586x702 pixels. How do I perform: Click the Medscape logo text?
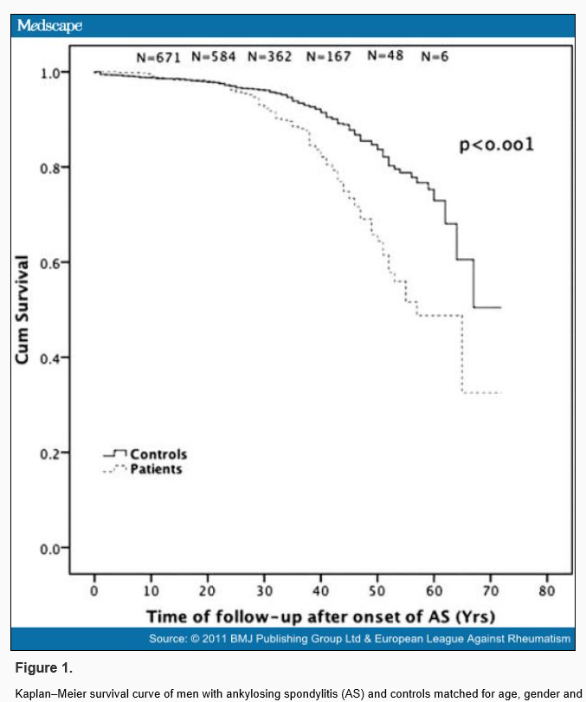pyautogui.click(x=50, y=25)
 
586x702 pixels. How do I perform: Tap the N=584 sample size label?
pyautogui.click(x=214, y=56)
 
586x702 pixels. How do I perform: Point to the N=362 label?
pyautogui.click(x=270, y=56)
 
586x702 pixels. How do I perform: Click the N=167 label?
pyautogui.click(x=327, y=56)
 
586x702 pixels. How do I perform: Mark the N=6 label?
pyautogui.click(x=434, y=56)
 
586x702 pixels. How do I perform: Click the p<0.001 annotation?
pyautogui.click(x=496, y=145)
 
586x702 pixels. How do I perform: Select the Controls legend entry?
pyautogui.click(x=158, y=454)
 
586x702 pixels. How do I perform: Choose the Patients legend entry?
pyautogui.click(x=156, y=469)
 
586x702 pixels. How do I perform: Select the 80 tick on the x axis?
pyautogui.click(x=546, y=591)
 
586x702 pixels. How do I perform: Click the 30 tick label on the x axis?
pyautogui.click(x=264, y=591)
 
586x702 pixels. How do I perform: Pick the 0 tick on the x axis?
pyautogui.click(x=95, y=591)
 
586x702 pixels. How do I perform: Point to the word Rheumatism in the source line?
pyautogui.click(x=540, y=639)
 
